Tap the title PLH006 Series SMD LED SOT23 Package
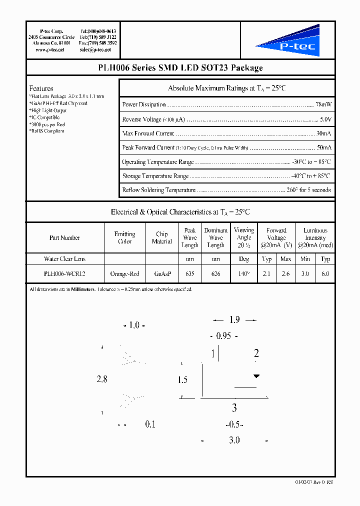[x=180, y=68]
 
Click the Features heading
[x=41, y=88]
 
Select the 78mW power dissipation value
[x=323, y=105]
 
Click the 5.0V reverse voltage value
[x=325, y=119]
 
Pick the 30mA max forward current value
[x=323, y=134]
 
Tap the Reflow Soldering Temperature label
[x=159, y=190]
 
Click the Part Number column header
[x=64, y=238]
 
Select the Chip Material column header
[x=162, y=238]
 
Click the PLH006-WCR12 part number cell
[x=64, y=274]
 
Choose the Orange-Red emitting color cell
[x=124, y=274]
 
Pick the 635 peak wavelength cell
[x=190, y=274]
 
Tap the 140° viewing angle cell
[x=244, y=274]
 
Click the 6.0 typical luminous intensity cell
[x=325, y=274]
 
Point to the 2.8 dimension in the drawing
[x=102, y=379]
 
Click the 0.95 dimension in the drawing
[x=223, y=336]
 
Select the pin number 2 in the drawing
[x=256, y=354]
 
